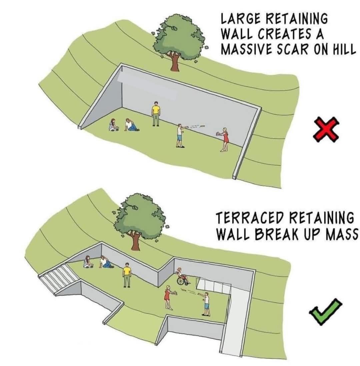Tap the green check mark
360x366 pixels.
coord(325,312)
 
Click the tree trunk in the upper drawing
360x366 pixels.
coord(174,63)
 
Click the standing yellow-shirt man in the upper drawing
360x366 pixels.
coord(156,113)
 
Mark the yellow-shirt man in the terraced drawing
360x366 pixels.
coord(127,274)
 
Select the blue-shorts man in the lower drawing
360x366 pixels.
coord(207,303)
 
